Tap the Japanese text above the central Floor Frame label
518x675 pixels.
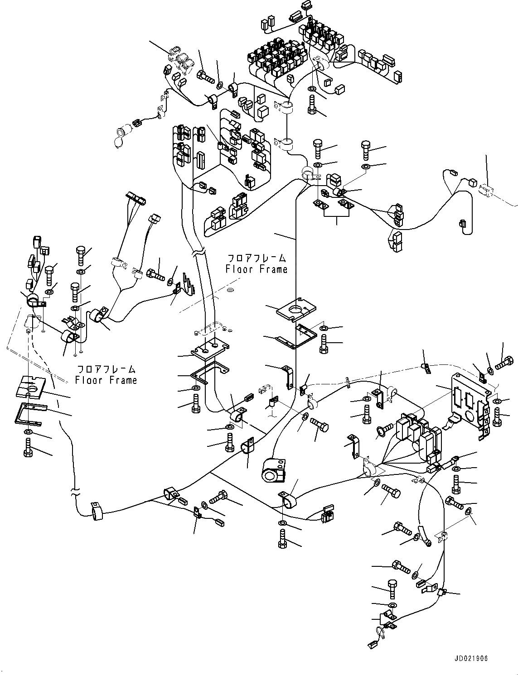[x=257, y=259]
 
